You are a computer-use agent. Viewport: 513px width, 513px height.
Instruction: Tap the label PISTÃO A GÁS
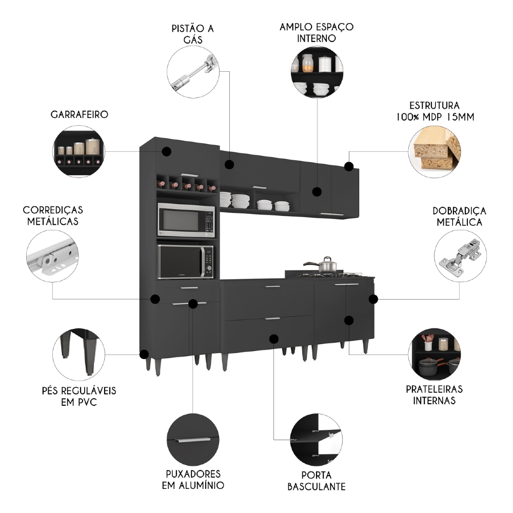[x=193, y=33]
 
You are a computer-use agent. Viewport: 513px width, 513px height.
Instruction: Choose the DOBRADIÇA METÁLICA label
[x=459, y=216]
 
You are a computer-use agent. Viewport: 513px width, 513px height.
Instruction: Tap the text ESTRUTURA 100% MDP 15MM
[x=435, y=111]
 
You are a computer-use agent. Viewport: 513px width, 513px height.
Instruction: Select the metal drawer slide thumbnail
[x=52, y=257]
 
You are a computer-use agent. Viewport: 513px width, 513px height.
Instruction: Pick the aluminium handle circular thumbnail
[x=193, y=440]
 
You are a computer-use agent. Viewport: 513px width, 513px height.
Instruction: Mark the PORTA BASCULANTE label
[x=316, y=480]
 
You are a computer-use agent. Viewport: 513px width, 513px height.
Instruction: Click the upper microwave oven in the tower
[x=186, y=220]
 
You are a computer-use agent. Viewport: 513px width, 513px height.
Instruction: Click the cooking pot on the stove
[x=327, y=265]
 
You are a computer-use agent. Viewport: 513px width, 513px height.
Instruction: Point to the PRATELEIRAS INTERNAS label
[x=434, y=395]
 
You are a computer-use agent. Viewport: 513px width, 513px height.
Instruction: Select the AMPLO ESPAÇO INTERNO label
[x=317, y=32]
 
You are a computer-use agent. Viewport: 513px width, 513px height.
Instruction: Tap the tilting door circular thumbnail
[x=316, y=440]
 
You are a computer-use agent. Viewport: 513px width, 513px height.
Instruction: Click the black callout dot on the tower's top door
[x=166, y=151]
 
